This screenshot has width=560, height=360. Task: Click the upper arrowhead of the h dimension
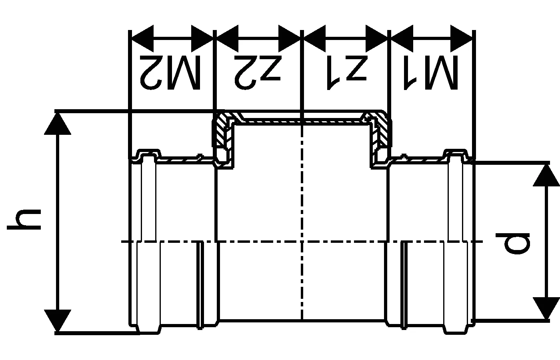click(58, 124)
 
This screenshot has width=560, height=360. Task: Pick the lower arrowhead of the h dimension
click(58, 320)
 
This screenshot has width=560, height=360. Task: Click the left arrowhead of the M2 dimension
click(142, 38)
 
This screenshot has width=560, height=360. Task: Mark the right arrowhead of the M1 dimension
click(462, 38)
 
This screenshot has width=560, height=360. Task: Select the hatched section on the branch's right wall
click(382, 132)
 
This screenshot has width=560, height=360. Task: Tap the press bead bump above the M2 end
click(148, 153)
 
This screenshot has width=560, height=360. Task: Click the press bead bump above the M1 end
click(456, 153)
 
